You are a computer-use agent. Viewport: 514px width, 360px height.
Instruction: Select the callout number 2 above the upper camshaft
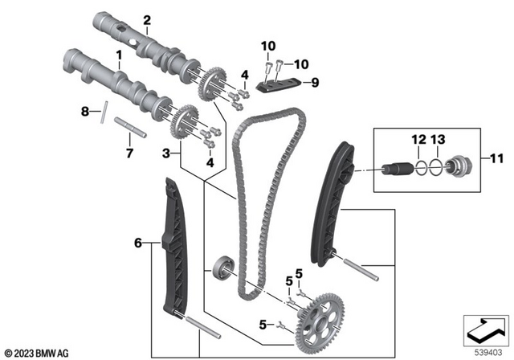tap(147, 19)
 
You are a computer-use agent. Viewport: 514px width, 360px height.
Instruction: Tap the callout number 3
tap(166, 152)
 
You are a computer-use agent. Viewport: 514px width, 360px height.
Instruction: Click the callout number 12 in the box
tap(415, 141)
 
